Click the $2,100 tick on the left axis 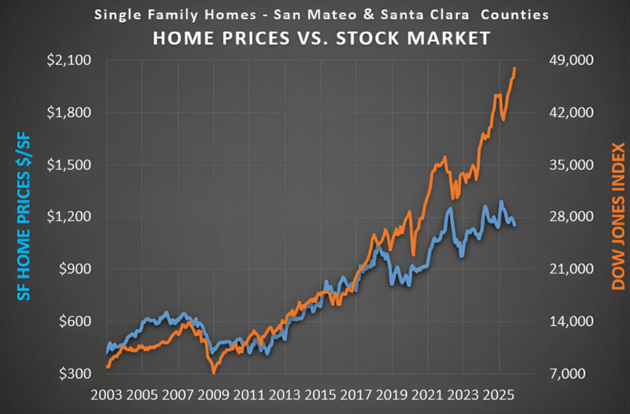click(x=68, y=61)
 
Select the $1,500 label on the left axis click(x=68, y=165)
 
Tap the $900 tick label click(x=73, y=269)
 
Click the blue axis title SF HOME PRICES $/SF click(x=23, y=218)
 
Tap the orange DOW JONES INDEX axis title click(x=618, y=217)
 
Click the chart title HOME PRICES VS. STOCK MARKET click(x=321, y=38)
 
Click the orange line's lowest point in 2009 click(x=213, y=372)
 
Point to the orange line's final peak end click(x=514, y=68)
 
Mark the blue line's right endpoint click(x=514, y=225)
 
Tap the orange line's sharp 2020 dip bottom click(x=413, y=255)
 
